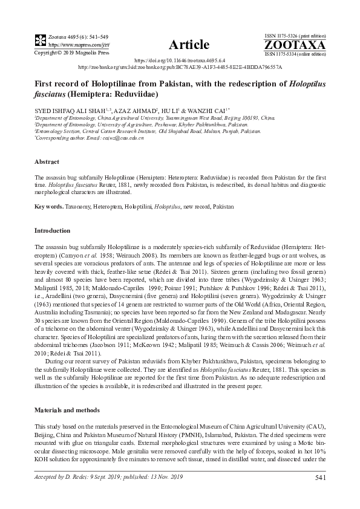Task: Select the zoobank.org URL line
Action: tap(180, 68)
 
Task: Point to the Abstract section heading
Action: tap(47, 163)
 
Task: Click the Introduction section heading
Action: tap(53, 231)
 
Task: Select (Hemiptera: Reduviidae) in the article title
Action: tap(114, 95)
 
